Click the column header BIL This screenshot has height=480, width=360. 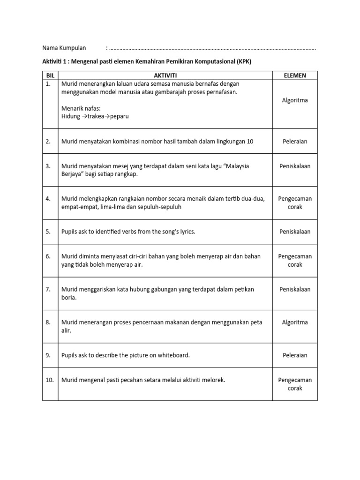click(50, 75)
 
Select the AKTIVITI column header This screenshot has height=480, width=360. click(165, 75)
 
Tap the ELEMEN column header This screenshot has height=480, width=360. click(295, 75)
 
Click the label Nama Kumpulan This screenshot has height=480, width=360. click(64, 48)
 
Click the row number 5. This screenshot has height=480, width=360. click(48, 232)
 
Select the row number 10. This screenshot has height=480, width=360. click(50, 380)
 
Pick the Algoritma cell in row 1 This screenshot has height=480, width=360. click(295, 100)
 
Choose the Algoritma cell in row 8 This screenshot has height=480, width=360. click(295, 322)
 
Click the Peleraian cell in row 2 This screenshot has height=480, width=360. click(295, 141)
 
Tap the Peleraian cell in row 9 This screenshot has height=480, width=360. click(295, 355)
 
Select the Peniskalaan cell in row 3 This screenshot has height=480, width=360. click(295, 166)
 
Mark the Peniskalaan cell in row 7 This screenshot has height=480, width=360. click(295, 289)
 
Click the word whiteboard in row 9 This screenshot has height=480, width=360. click(173, 355)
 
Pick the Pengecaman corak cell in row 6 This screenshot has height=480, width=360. click(295, 261)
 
